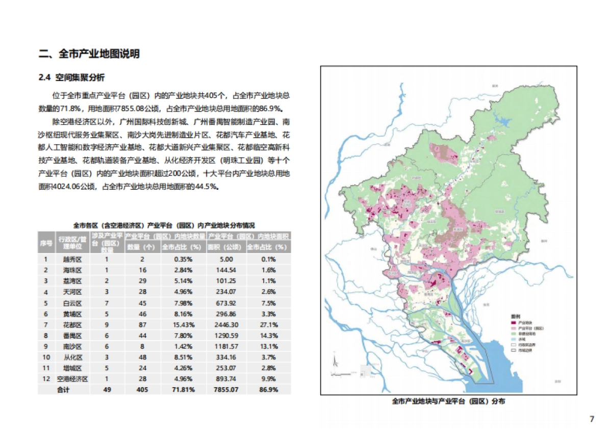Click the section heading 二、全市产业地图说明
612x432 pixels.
[89, 54]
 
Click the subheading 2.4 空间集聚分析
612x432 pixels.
[71, 78]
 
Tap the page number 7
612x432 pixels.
[592, 419]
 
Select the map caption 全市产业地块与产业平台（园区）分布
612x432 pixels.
[449, 402]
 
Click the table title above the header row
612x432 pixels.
[164, 225]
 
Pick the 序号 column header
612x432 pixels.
[46, 243]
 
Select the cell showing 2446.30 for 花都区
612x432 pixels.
[227, 324]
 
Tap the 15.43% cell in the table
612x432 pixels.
[175, 324]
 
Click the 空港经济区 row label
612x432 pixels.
[72, 379]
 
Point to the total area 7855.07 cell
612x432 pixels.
[227, 390]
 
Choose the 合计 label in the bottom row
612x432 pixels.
[63, 390]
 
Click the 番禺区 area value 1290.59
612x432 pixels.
[227, 336]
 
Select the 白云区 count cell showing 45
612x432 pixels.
[135, 303]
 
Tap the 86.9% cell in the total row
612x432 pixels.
[268, 390]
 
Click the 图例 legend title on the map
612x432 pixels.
[515, 317]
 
